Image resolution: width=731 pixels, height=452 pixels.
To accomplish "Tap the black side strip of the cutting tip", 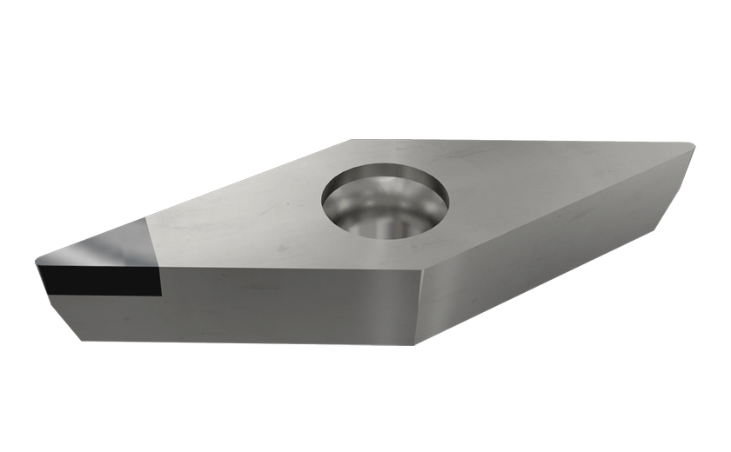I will point(100,280).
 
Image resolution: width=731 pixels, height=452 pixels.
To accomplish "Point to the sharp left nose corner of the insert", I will point(37,261).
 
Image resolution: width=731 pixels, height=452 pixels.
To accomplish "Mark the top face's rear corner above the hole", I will point(352,140).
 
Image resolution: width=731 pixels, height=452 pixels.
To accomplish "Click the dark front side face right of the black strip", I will point(287,304).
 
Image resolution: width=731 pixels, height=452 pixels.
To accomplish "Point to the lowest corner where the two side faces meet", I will point(416,343).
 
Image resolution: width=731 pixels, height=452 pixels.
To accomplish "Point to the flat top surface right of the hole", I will point(540,187).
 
